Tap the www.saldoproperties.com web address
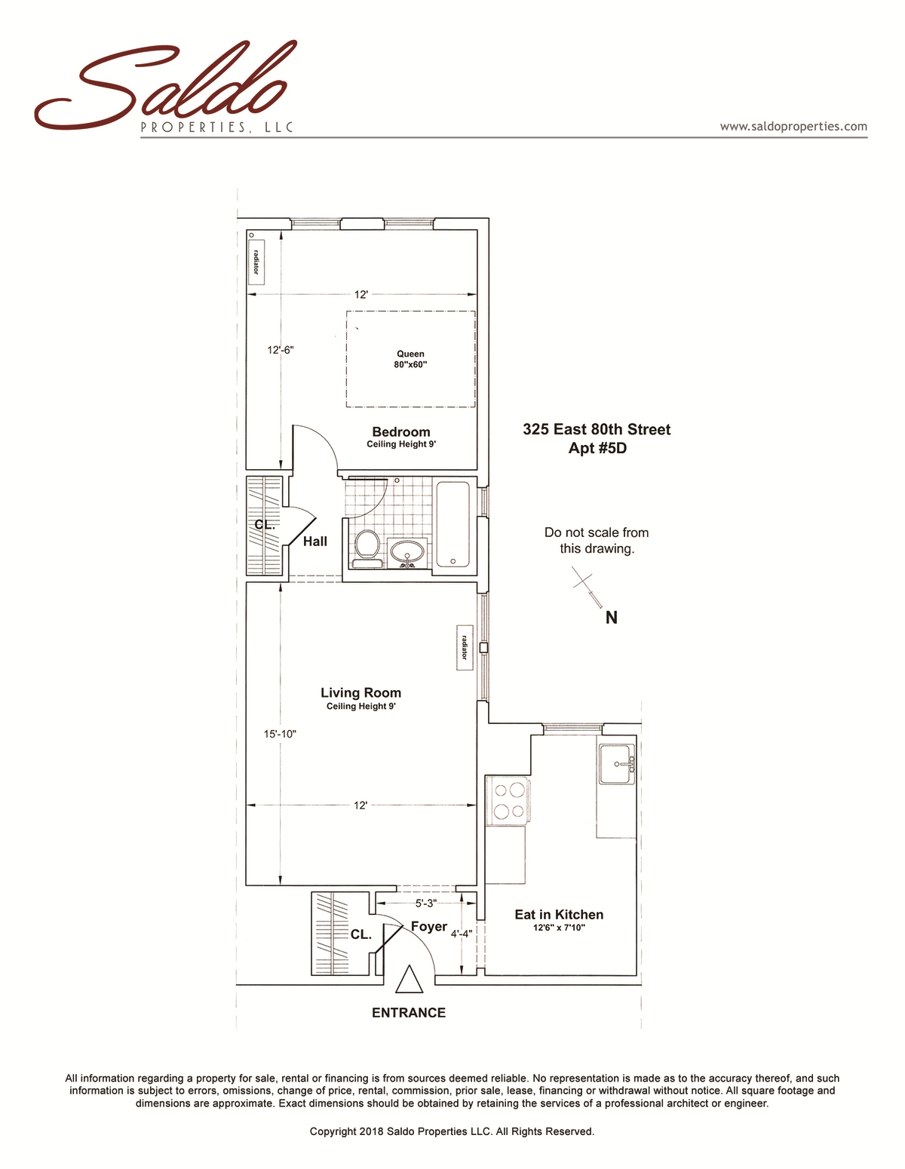[x=793, y=127]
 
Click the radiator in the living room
[x=464, y=648]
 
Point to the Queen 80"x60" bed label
[x=410, y=359]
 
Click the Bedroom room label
[x=401, y=432]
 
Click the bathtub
[x=452, y=524]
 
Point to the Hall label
[x=315, y=542]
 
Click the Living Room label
[x=360, y=693]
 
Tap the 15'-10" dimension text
[x=280, y=734]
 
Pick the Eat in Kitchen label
[x=559, y=915]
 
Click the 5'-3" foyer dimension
[x=425, y=904]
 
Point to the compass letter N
[x=612, y=618]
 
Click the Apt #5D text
[x=597, y=448]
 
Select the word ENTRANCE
[x=409, y=1013]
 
